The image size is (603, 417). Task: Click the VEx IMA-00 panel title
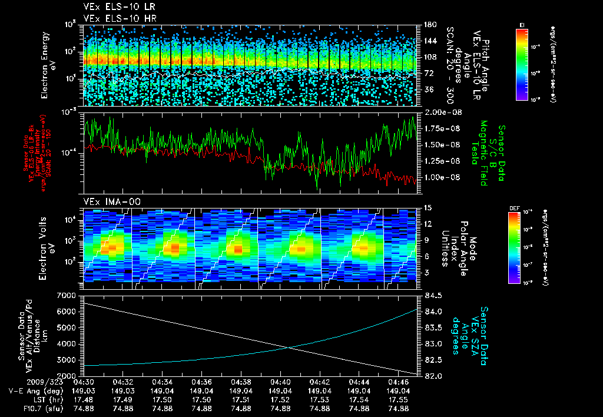[x=111, y=202]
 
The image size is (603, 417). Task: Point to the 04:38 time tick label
[x=241, y=382]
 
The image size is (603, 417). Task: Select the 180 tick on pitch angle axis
[x=428, y=24]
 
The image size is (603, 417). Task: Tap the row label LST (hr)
[x=28, y=399]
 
